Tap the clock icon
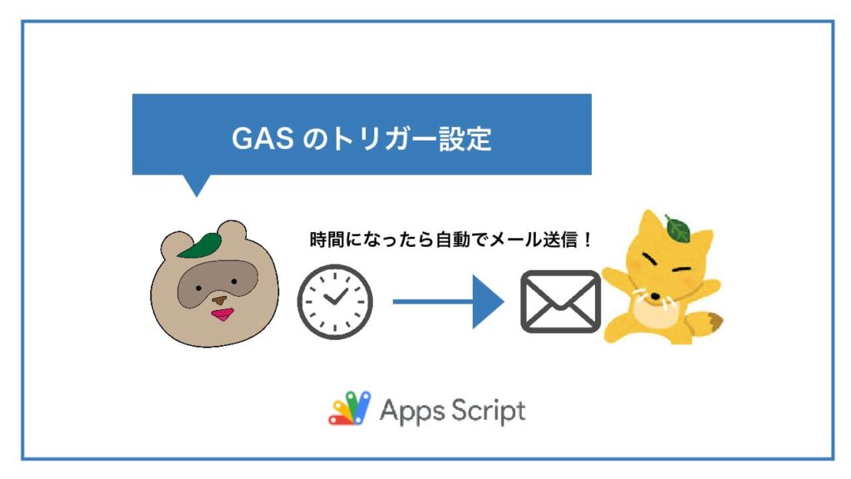335,302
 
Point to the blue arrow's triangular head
488,302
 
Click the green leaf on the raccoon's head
203,244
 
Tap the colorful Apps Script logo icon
349,409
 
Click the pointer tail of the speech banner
196,185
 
